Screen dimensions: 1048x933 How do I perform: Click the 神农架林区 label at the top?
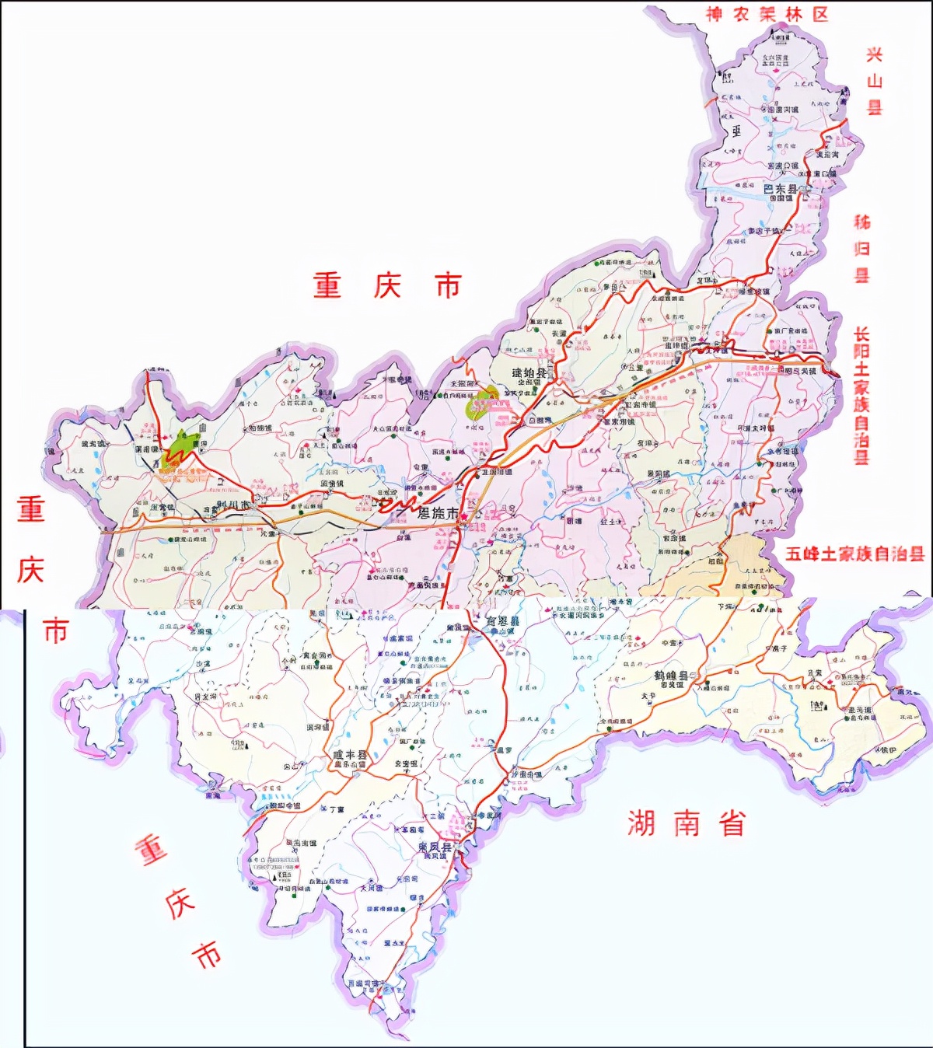(767, 15)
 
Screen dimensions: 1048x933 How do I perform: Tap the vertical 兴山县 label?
(875, 81)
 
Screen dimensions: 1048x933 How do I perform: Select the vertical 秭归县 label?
(862, 249)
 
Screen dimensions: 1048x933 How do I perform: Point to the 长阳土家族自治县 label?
(861, 396)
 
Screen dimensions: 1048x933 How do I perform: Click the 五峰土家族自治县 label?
(854, 554)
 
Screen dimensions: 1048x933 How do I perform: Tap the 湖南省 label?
(687, 823)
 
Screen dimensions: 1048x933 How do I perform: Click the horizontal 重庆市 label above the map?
(387, 286)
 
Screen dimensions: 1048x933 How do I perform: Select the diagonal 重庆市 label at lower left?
(178, 902)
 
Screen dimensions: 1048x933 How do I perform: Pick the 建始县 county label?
(529, 372)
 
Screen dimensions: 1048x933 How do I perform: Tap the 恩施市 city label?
(438, 513)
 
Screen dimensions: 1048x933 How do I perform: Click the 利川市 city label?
(232, 505)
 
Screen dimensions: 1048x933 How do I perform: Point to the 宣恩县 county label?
(502, 621)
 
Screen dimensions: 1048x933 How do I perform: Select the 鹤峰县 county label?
(671, 676)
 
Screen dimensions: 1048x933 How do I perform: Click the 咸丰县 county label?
(349, 755)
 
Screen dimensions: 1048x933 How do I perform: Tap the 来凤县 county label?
(435, 847)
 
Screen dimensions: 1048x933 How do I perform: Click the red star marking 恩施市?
(464, 515)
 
